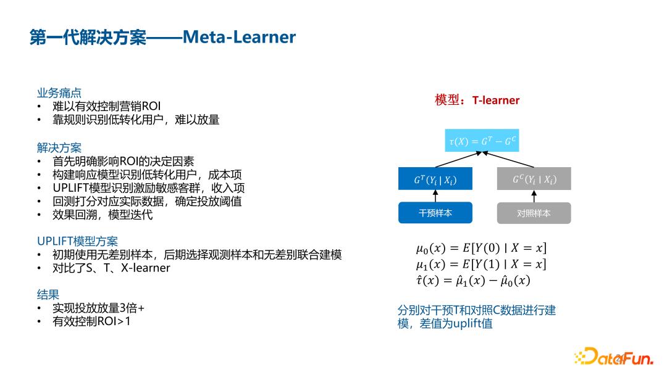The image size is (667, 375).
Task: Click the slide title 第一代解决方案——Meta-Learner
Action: (x=163, y=38)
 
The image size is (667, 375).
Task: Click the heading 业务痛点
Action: (x=59, y=93)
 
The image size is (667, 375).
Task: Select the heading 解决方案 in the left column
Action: (x=59, y=148)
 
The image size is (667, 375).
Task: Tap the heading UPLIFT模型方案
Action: (x=77, y=241)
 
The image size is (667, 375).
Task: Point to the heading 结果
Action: (x=48, y=295)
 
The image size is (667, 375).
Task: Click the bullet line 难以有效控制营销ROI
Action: (x=106, y=106)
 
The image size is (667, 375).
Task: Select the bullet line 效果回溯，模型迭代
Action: (x=103, y=215)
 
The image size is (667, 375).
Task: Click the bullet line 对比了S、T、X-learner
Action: (x=111, y=268)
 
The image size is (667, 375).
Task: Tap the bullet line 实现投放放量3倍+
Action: (x=98, y=308)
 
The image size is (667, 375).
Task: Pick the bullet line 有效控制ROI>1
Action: (x=92, y=321)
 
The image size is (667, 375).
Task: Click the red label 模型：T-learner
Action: (x=477, y=100)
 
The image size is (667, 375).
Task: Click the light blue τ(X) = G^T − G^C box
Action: (x=482, y=141)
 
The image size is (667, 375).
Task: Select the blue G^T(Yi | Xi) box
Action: (x=435, y=179)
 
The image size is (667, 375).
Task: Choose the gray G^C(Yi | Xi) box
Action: (x=534, y=179)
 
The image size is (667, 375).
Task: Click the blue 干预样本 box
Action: (x=435, y=213)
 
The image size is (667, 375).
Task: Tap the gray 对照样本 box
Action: (x=534, y=213)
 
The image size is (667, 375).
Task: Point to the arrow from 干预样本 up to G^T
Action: (x=435, y=196)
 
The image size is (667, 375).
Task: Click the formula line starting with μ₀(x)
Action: (x=480, y=249)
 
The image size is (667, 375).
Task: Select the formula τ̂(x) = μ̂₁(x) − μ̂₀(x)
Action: (x=472, y=281)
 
